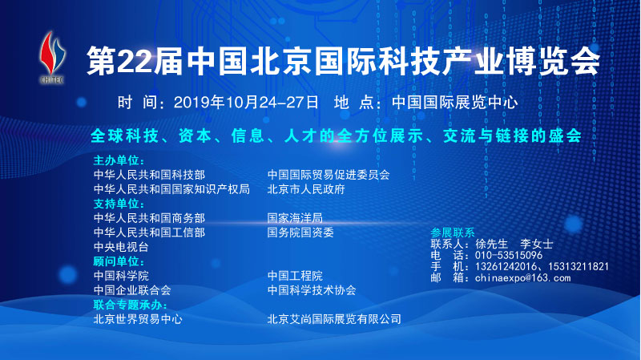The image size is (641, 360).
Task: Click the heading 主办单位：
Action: point(117,160)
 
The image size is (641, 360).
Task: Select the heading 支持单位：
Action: point(117,204)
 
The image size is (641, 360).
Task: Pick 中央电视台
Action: point(121,247)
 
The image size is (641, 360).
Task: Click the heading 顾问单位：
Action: point(117,261)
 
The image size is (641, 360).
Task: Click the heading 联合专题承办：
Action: point(129,305)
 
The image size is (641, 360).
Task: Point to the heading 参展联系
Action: point(453,231)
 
